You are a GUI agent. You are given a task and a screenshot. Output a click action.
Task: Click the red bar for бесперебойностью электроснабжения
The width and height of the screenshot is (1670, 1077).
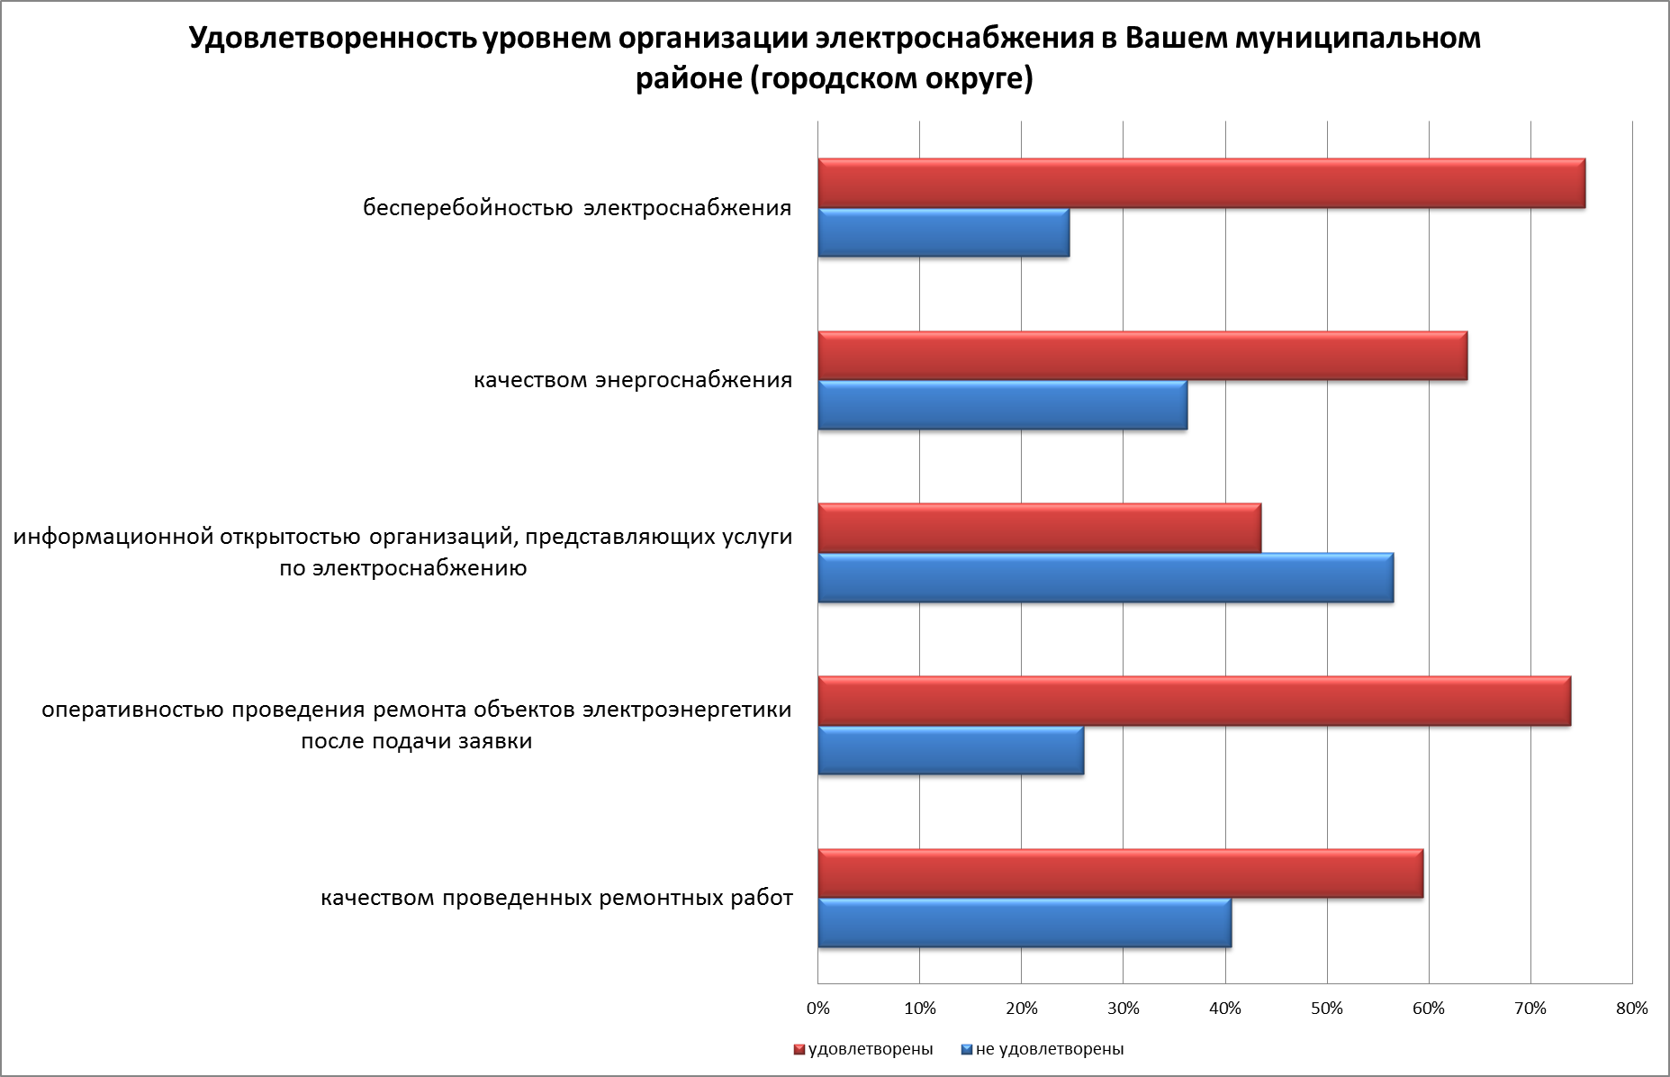coord(1201,184)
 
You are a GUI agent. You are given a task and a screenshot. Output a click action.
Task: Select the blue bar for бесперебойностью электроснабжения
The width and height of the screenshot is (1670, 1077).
coord(943,233)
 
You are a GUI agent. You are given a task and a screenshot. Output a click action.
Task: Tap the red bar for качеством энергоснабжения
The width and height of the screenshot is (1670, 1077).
coord(1142,356)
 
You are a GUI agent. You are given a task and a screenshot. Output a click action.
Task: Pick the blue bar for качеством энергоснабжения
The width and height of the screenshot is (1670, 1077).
coord(1002,405)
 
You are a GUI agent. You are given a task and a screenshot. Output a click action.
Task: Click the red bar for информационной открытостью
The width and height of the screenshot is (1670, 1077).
coord(1039,529)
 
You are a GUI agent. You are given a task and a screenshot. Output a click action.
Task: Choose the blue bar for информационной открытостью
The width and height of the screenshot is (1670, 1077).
coord(1106,578)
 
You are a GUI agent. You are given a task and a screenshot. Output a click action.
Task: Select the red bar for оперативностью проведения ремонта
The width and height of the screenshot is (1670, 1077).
coord(1194,701)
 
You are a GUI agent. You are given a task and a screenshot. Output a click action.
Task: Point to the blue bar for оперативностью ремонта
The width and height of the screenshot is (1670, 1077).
coord(951,750)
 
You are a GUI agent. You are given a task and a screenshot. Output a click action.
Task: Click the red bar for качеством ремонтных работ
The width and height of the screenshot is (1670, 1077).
coord(1120,873)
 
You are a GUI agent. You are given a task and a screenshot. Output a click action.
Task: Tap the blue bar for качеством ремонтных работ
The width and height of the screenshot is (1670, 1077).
coord(1025,923)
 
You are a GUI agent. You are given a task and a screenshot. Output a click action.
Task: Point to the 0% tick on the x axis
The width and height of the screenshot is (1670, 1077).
coord(817,1009)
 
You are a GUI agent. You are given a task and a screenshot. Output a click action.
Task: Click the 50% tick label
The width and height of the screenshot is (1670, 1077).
coord(1327,1009)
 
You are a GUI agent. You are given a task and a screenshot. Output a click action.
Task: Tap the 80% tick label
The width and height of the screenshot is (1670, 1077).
coord(1631,1009)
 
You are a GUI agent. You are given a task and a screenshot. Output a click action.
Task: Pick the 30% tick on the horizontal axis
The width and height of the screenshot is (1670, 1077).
coord(1124,1009)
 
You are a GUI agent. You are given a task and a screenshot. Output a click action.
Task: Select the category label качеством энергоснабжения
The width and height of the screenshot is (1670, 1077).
coord(633,380)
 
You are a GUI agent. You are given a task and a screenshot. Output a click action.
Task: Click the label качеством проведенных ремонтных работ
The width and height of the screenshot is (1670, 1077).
coord(556,898)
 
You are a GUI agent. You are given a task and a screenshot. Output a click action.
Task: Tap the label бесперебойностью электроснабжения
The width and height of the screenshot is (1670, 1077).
coord(577,208)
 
